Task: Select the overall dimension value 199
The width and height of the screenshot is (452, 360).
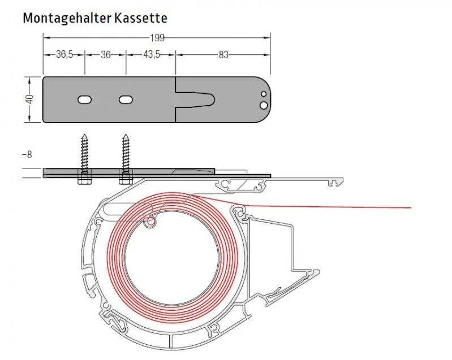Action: (x=157, y=38)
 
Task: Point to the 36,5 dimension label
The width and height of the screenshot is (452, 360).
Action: (x=64, y=55)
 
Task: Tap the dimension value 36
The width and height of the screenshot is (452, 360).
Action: (x=105, y=55)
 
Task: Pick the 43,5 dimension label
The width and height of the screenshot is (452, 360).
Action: (x=151, y=55)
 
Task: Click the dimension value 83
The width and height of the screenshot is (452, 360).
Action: (x=223, y=55)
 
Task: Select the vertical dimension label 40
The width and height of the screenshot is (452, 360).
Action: (x=30, y=99)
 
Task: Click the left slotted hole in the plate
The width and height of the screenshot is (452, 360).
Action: (x=84, y=99)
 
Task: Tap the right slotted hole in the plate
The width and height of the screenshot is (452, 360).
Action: (x=125, y=99)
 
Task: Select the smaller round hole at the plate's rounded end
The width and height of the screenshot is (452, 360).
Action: (x=263, y=95)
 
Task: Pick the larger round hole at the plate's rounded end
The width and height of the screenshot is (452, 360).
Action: (x=263, y=105)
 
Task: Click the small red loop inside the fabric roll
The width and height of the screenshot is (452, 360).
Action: (x=150, y=223)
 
